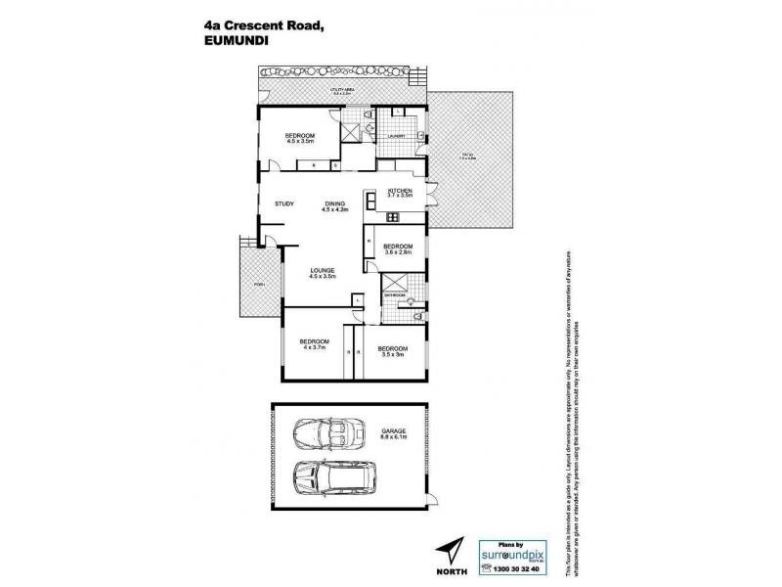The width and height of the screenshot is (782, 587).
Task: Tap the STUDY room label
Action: [x=284, y=203]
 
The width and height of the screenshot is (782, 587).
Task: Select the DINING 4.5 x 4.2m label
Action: [x=335, y=206]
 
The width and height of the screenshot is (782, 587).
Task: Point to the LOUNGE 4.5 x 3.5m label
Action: [x=324, y=273]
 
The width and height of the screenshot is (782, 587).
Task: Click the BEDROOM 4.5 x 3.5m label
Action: [x=300, y=138]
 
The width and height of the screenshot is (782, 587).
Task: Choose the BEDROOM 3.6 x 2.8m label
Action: [x=398, y=248]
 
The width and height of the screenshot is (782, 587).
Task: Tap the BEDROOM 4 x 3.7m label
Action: [x=314, y=343]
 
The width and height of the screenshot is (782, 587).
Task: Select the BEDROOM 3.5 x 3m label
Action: [x=393, y=350]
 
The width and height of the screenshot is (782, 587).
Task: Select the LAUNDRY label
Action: [x=396, y=136]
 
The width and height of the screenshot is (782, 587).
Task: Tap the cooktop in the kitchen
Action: [x=372, y=203]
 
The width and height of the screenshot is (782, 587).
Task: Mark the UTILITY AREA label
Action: [x=341, y=90]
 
